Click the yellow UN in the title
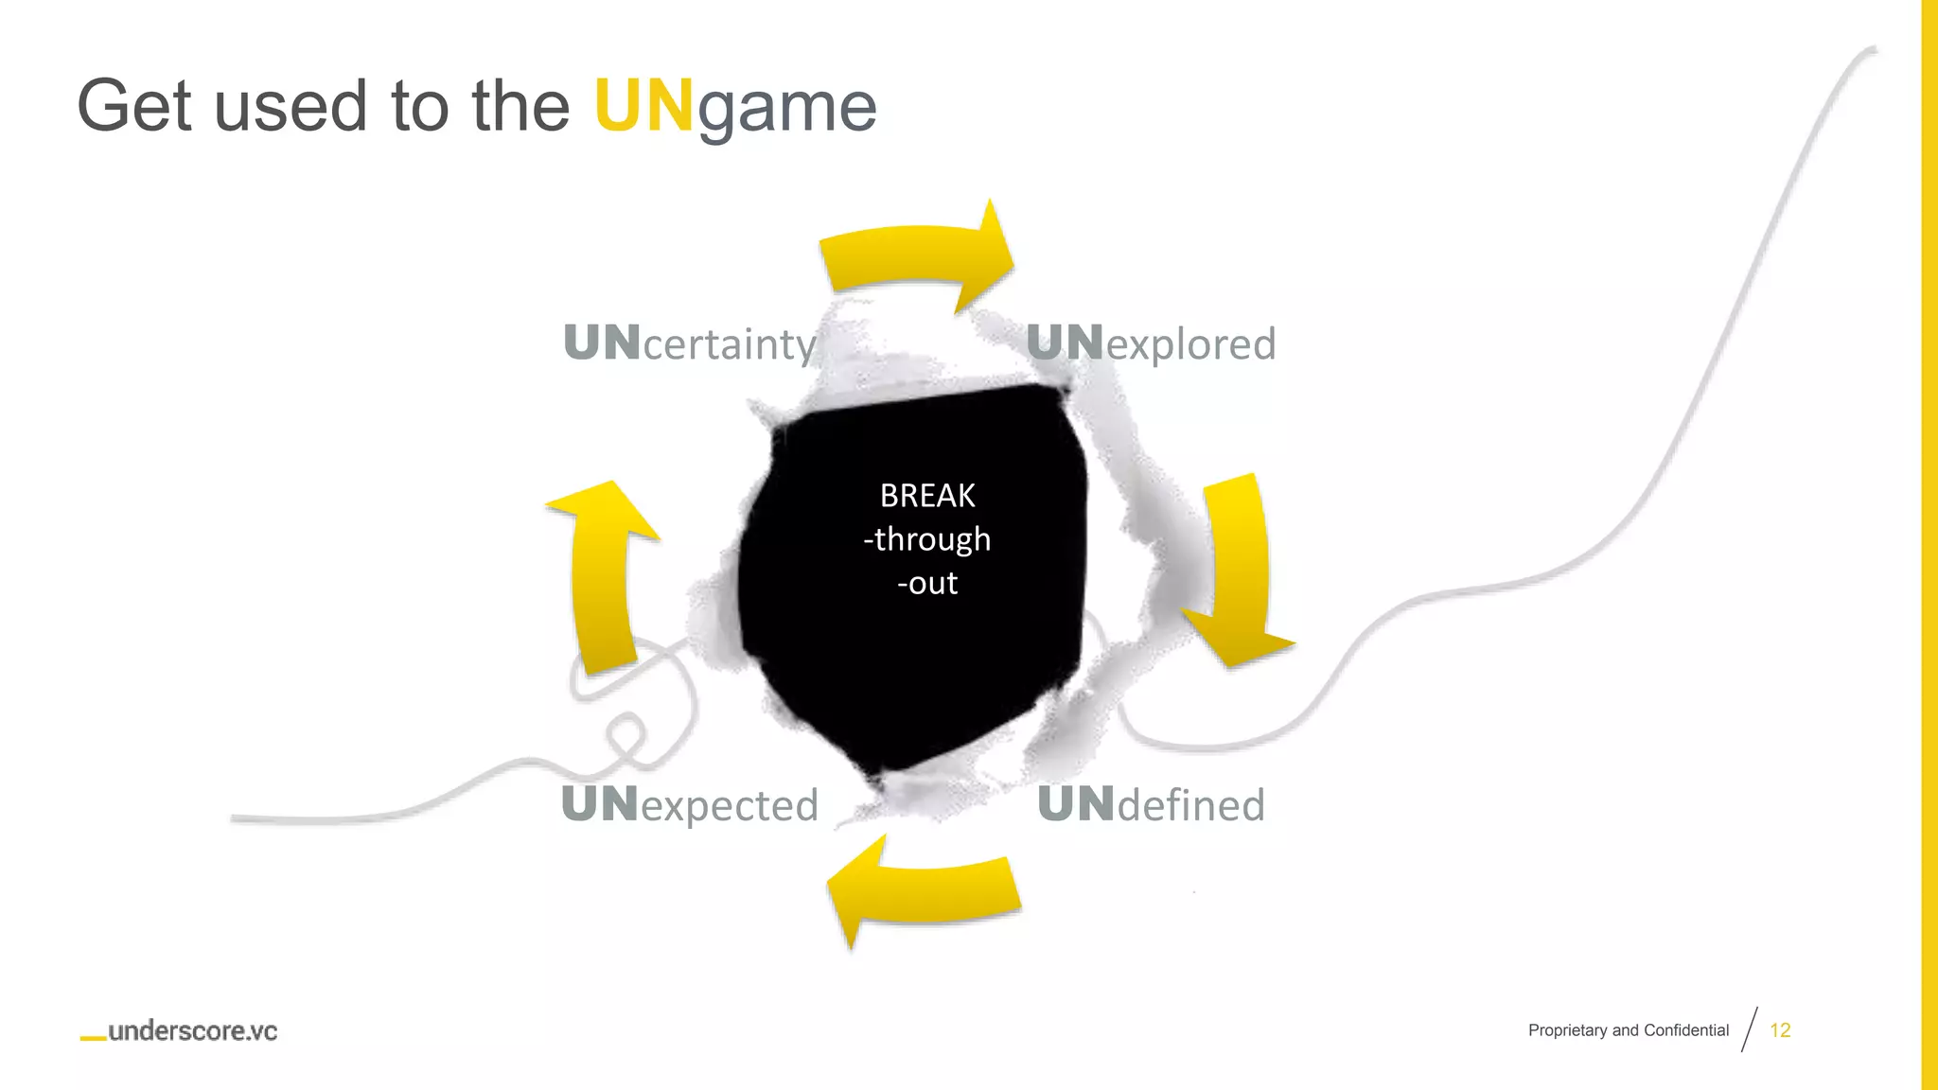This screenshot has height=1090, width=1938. pyautogui.click(x=643, y=106)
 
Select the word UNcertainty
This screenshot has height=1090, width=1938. pyautogui.click(x=689, y=343)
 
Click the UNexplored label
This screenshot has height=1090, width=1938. pyautogui.click(x=1151, y=343)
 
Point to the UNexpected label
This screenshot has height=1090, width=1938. pyautogui.click(x=689, y=805)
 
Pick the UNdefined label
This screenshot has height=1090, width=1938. pyautogui.click(x=1151, y=805)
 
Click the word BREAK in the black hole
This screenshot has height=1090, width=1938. pyautogui.click(x=927, y=496)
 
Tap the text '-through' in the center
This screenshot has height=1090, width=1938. pyautogui.click(x=927, y=539)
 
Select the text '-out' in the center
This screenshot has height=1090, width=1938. pyautogui.click(x=927, y=583)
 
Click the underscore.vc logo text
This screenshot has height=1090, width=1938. pyautogui.click(x=193, y=1031)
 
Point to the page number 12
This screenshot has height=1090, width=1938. pyautogui.click(x=1780, y=1030)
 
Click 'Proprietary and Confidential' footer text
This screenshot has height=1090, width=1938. pyautogui.click(x=1628, y=1030)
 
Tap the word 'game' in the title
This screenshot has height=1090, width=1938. pyautogui.click(x=787, y=108)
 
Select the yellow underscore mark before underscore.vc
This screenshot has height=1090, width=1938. pyautogui.click(x=93, y=1039)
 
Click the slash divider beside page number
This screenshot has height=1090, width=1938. pyautogui.click(x=1750, y=1029)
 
